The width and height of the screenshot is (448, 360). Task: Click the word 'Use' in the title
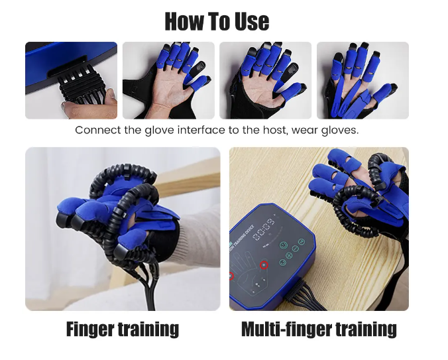(252, 21)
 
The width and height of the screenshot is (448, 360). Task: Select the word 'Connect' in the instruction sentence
(98, 131)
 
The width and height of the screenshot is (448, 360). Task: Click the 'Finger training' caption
(123, 330)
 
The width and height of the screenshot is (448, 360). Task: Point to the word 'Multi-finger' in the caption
(286, 330)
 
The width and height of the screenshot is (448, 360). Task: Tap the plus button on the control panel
(289, 255)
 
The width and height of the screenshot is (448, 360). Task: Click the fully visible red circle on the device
(264, 265)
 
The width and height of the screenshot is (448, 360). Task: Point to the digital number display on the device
(264, 229)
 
